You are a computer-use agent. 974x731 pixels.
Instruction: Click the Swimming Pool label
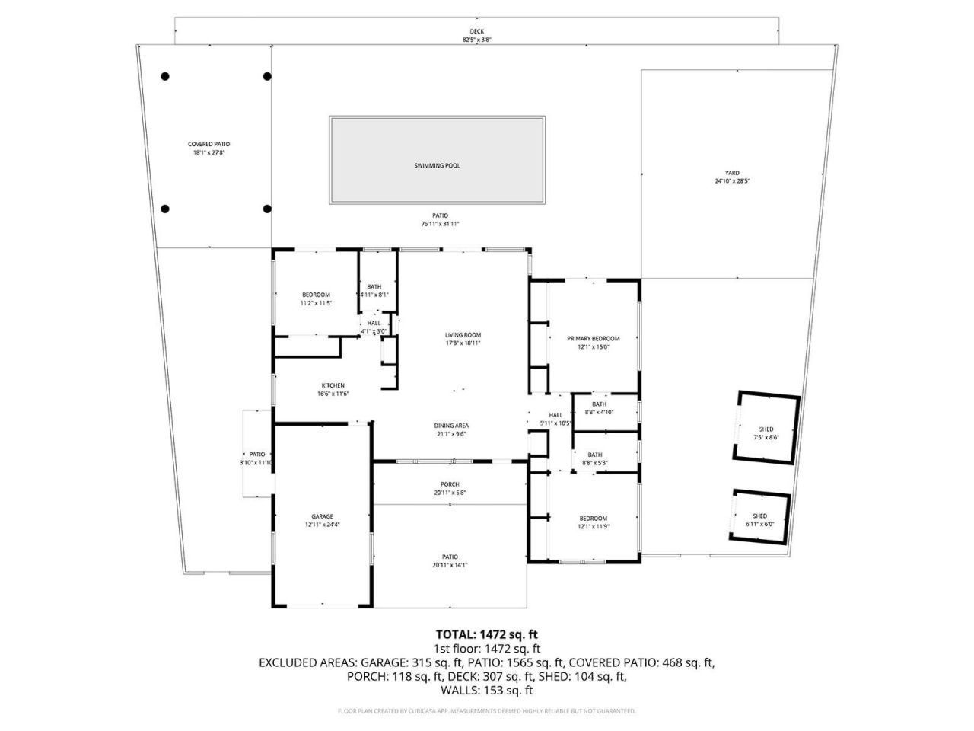[437, 165]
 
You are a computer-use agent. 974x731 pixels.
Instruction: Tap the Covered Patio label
[208, 144]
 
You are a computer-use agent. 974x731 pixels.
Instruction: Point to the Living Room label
[463, 334]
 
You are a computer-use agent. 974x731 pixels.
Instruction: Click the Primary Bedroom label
[593, 338]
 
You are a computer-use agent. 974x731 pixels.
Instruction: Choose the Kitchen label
[333, 385]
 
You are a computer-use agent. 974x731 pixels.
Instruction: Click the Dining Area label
[452, 426]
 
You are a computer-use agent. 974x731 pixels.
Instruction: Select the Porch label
[450, 484]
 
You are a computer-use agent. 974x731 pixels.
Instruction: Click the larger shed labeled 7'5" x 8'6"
[766, 429]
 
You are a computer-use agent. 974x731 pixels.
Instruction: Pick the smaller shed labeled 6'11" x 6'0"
[759, 516]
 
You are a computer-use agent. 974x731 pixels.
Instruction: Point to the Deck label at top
[476, 31]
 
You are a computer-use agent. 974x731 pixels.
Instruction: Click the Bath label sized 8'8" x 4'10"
[599, 404]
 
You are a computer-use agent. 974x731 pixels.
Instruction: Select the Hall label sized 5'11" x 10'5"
[555, 415]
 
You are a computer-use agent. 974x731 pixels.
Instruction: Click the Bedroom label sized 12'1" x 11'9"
[593, 518]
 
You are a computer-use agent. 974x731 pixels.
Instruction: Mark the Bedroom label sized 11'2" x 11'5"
[316, 295]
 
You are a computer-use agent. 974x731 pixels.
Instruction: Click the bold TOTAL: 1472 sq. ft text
[487, 634]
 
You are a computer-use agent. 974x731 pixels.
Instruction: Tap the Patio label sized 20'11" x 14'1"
[450, 557]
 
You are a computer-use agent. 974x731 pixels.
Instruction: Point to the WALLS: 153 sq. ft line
[487, 691]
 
